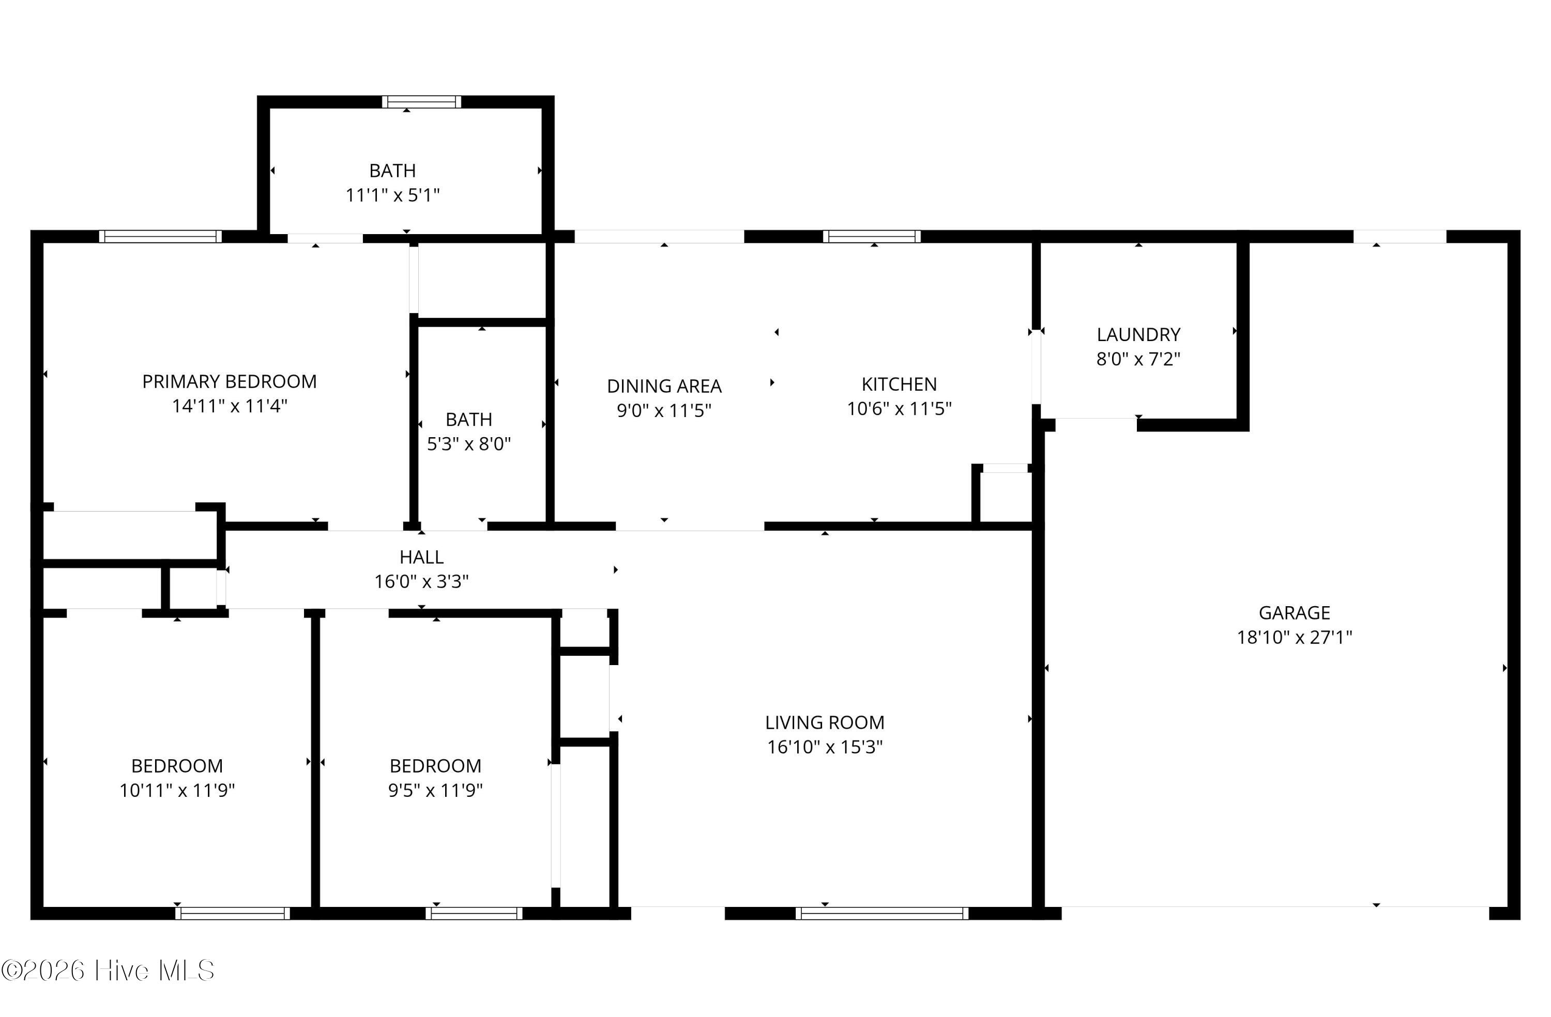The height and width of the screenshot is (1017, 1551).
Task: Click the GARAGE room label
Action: tap(1294, 612)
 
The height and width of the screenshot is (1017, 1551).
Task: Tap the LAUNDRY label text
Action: tap(1138, 334)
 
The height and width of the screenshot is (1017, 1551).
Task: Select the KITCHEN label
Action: tap(899, 384)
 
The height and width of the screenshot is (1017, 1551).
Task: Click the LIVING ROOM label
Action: tap(825, 722)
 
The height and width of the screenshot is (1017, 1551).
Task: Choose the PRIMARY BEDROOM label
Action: tap(230, 381)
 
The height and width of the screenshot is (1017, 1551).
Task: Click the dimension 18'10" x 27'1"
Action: tap(1294, 637)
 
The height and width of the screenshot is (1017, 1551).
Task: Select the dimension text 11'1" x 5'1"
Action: tap(392, 195)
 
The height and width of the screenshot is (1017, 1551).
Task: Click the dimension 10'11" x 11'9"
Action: tap(177, 790)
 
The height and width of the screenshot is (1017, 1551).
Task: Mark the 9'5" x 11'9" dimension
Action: tap(435, 790)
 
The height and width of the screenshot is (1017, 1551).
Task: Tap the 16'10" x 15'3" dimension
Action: tap(825, 747)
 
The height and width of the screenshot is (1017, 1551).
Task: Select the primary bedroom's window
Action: tap(160, 237)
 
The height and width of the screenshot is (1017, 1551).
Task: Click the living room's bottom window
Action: tap(881, 914)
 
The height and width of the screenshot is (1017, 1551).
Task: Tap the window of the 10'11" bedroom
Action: tap(232, 914)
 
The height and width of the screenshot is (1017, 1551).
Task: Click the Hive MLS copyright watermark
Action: tap(108, 970)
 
